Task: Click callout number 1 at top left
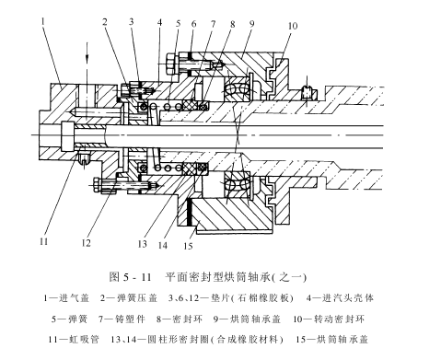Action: coord(43,22)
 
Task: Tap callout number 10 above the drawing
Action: coord(293,26)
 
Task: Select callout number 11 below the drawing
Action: coord(44,241)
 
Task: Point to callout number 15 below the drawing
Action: coord(188,246)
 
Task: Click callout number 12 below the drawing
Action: coord(87,243)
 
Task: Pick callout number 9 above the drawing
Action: coord(251,24)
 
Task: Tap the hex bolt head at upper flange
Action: coord(169,64)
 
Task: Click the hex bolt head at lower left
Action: coord(97,185)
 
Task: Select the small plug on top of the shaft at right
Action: coord(307,93)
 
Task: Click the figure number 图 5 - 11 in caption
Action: coord(131,277)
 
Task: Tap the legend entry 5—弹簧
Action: coord(69,319)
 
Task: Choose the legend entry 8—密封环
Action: coord(180,319)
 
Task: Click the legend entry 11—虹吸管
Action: coord(74,340)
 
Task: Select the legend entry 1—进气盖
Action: coord(66,298)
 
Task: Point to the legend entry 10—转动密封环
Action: coord(329,319)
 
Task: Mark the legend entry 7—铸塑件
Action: coord(122,319)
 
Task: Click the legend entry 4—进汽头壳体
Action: coord(340,298)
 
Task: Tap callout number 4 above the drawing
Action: coord(159,23)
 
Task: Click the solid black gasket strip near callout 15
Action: coord(190,213)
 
